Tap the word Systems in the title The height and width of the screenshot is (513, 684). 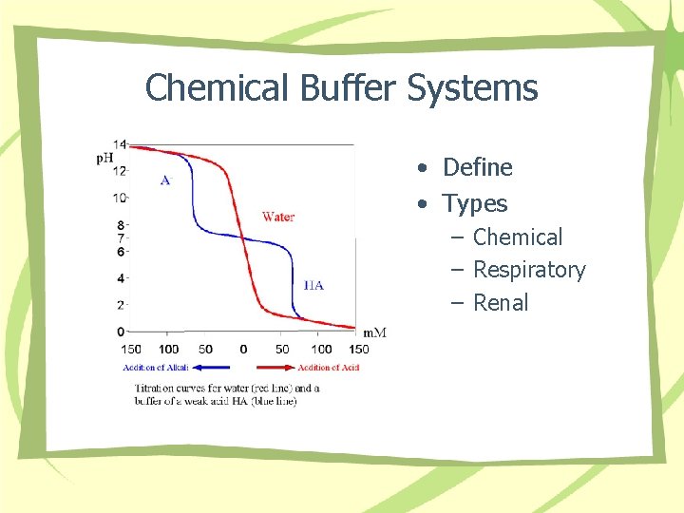click(473, 88)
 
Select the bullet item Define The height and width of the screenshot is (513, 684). click(477, 167)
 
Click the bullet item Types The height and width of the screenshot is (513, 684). click(475, 203)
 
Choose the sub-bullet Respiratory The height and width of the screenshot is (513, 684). click(529, 270)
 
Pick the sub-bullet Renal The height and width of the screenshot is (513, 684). click(501, 303)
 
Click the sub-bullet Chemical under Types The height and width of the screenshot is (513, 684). click(518, 237)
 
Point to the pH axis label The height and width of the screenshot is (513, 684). click(104, 158)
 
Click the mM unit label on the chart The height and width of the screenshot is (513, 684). click(374, 332)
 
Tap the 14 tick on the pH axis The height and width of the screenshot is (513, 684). click(120, 143)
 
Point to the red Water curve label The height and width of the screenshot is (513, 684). click(278, 217)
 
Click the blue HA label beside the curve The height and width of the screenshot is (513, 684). click(313, 284)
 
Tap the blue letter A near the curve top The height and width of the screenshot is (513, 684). click(165, 180)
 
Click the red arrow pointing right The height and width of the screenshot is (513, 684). click(276, 367)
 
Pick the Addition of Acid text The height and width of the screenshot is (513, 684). click(328, 368)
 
